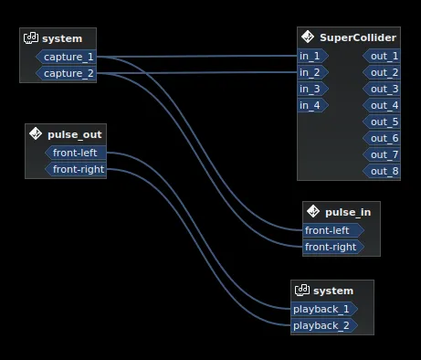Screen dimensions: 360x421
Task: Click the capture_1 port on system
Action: (x=67, y=57)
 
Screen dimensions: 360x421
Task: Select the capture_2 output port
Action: (x=67, y=73)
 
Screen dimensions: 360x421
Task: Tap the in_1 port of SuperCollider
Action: (x=311, y=56)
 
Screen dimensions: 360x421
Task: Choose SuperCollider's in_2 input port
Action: (x=311, y=72)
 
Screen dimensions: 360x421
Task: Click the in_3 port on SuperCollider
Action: (x=311, y=89)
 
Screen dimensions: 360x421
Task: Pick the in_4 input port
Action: (x=311, y=105)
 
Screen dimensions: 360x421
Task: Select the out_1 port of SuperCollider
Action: (x=383, y=56)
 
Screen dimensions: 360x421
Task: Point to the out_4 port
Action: (x=383, y=105)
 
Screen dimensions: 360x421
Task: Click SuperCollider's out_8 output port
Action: (x=383, y=171)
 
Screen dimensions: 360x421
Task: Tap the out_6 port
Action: (x=383, y=138)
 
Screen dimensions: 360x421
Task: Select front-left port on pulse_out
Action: (x=79, y=153)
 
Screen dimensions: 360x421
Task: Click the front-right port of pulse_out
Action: (x=79, y=169)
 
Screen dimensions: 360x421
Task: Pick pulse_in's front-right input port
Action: (x=331, y=247)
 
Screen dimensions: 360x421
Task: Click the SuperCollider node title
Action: (x=358, y=37)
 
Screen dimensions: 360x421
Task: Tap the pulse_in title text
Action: (x=348, y=212)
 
